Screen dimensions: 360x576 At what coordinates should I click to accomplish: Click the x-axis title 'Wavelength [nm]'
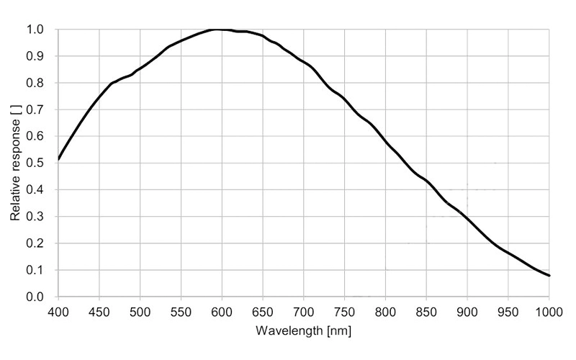tap(303, 333)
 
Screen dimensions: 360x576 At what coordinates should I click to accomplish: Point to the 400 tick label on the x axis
tap(58, 311)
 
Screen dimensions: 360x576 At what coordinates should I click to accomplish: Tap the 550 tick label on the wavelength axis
tap(181, 311)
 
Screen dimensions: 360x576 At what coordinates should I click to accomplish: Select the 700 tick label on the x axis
tap(304, 311)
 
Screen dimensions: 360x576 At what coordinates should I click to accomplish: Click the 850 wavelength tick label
tap(426, 311)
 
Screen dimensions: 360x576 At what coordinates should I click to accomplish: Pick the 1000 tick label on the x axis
tap(549, 311)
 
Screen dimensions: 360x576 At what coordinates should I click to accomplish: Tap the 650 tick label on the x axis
tap(263, 311)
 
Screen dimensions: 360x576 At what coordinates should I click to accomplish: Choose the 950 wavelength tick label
tap(508, 311)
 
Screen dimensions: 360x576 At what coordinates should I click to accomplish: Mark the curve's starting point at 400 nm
tap(58, 159)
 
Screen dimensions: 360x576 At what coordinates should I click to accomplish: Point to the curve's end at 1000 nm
tap(549, 276)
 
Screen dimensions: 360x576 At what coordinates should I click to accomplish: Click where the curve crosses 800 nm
tap(386, 143)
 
